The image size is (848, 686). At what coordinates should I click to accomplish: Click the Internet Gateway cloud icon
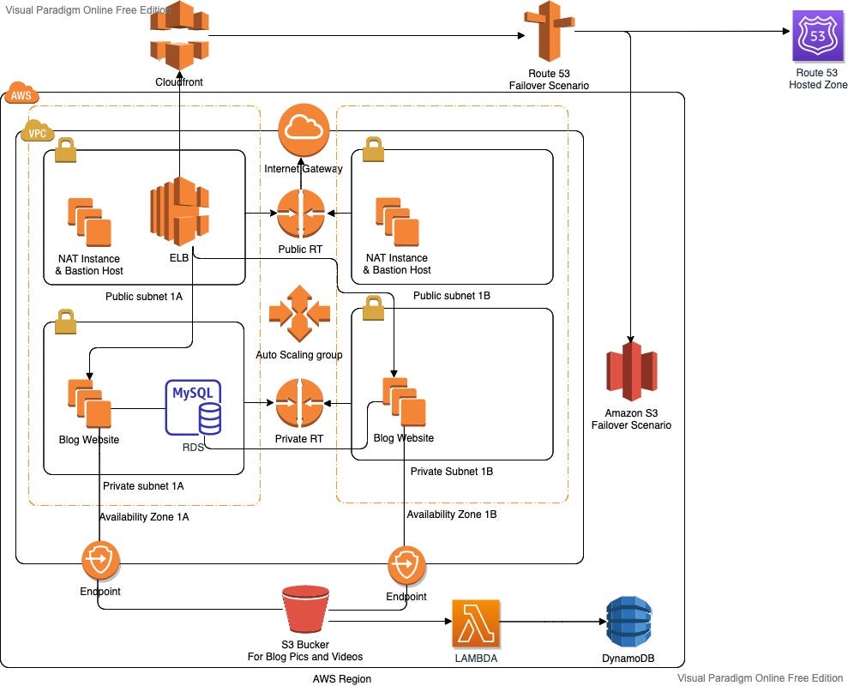(x=304, y=129)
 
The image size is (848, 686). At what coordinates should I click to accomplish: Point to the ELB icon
(x=180, y=208)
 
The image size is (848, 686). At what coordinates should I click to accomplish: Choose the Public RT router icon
(x=300, y=214)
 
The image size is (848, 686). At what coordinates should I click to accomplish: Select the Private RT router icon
(x=299, y=403)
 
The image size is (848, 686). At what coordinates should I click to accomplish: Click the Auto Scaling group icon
(x=299, y=314)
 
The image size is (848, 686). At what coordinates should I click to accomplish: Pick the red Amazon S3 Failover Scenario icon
(x=631, y=371)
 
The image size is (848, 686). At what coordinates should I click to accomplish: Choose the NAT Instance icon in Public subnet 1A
(x=89, y=222)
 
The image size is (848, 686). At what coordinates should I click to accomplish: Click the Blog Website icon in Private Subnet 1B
(x=403, y=401)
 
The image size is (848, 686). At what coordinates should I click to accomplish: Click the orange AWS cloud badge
(x=18, y=95)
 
